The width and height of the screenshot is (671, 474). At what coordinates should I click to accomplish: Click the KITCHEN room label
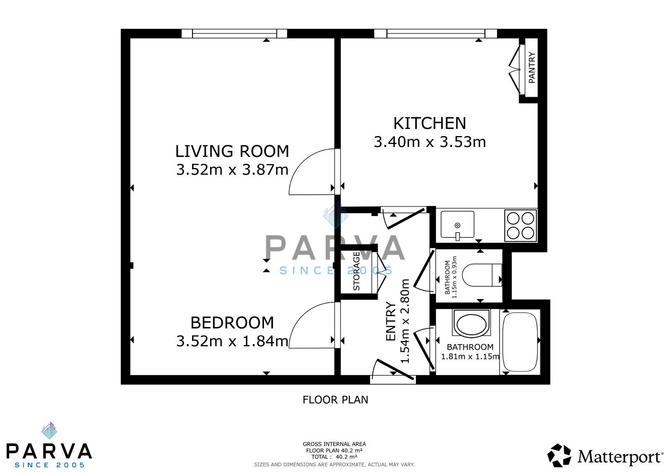429,123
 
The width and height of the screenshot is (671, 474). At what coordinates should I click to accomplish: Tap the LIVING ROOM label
232,151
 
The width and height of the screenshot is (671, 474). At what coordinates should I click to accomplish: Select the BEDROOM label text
232,323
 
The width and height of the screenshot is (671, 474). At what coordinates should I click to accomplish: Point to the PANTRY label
532,67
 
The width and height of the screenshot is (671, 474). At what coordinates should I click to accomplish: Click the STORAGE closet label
356,271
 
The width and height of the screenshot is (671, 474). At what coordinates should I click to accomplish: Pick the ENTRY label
390,322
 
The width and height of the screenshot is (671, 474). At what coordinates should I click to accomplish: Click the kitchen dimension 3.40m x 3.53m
429,142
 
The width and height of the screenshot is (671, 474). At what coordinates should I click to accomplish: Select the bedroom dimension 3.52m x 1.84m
232,341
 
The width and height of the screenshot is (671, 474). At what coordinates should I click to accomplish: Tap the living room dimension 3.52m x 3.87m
232,170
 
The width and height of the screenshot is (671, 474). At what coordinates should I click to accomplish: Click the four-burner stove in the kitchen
520,226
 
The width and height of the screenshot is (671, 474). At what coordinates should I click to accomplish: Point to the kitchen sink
458,225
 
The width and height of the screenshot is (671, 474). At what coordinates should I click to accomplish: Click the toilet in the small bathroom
482,275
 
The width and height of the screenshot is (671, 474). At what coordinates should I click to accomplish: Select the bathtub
520,342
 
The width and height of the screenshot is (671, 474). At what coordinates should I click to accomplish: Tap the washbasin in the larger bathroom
471,324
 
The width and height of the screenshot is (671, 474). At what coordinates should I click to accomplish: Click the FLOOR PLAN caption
335,400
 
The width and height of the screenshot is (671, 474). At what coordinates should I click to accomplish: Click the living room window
234,33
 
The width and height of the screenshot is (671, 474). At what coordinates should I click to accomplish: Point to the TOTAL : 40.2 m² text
334,457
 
